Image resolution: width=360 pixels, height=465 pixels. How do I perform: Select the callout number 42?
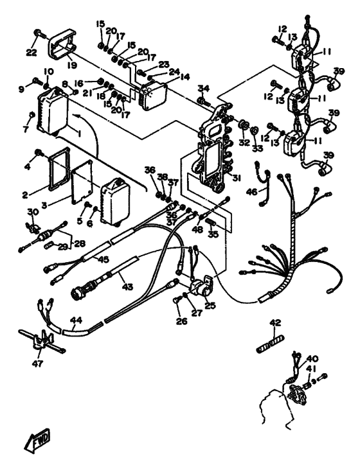click(275, 323)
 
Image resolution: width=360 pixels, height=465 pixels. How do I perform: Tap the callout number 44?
click(76, 319)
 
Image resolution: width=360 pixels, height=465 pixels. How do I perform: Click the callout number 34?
click(203, 88)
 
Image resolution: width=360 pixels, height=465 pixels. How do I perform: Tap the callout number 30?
click(33, 213)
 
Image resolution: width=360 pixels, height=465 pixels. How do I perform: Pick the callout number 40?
click(312, 359)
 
